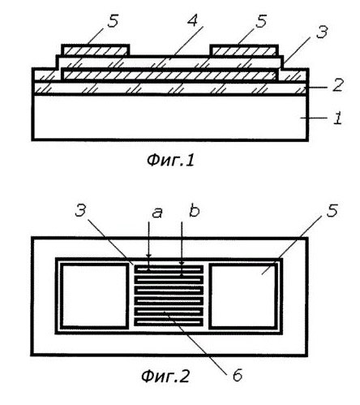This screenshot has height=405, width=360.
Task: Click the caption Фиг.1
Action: (x=170, y=161)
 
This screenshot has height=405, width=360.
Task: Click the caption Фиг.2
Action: (x=165, y=377)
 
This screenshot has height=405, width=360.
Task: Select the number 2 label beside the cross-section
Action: (x=338, y=84)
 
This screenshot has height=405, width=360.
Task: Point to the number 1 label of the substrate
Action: (x=337, y=118)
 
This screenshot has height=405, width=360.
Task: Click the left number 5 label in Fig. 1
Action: (x=113, y=20)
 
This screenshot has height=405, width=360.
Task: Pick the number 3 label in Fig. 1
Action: (x=322, y=32)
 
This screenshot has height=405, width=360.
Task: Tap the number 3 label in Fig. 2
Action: (x=80, y=210)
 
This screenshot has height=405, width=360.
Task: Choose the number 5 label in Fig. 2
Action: (x=332, y=210)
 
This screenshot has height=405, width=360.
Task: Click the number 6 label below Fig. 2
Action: (x=238, y=375)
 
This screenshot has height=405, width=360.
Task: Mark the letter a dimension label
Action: (x=157, y=213)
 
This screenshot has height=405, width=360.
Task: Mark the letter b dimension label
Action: (x=194, y=211)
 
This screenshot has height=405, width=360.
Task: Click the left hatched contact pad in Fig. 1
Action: (x=96, y=50)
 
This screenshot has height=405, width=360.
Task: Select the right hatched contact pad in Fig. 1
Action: (x=244, y=50)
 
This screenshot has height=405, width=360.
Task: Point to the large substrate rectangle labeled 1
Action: (x=170, y=117)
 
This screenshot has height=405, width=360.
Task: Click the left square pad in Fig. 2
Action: (x=94, y=295)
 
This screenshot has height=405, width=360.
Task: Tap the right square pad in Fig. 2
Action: (x=243, y=295)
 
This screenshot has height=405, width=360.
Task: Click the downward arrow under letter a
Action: (x=148, y=239)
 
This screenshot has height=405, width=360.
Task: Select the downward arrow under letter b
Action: (x=182, y=243)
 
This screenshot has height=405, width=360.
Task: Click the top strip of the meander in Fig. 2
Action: (x=169, y=269)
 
